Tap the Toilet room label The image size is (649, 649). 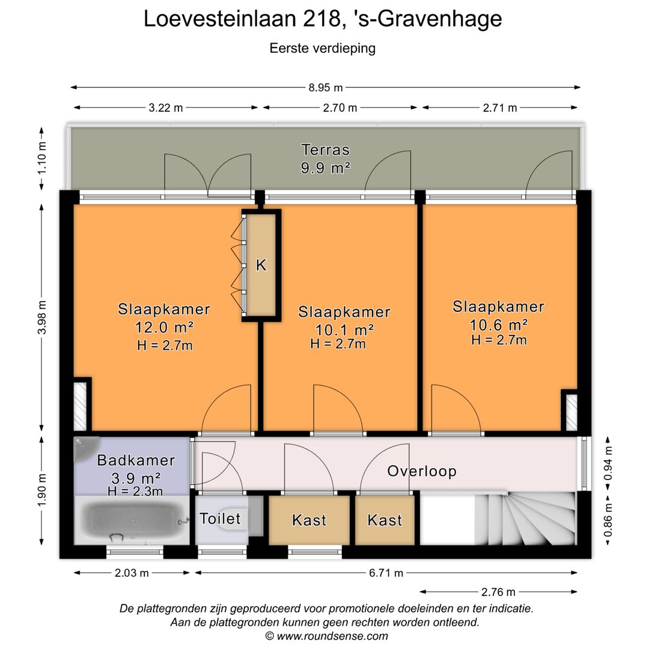(x=220, y=518)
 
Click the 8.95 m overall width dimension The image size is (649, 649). (x=326, y=88)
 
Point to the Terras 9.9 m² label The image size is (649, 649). (x=325, y=159)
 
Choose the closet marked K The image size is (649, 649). (x=261, y=265)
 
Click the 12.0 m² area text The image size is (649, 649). (x=164, y=328)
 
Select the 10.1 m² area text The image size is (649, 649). (x=344, y=330)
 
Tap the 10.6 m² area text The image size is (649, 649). (x=498, y=324)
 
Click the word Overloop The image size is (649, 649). (x=421, y=471)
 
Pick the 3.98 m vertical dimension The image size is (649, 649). (x=42, y=318)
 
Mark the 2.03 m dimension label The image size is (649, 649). (x=132, y=573)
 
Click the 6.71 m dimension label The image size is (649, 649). (x=386, y=573)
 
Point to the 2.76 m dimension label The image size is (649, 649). (x=498, y=592)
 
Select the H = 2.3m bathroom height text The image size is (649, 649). (x=135, y=492)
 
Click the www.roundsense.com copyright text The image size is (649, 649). (x=326, y=636)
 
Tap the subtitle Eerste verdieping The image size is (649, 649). (x=323, y=48)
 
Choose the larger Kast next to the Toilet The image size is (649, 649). (x=309, y=520)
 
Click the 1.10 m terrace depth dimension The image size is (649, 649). (x=42, y=157)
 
